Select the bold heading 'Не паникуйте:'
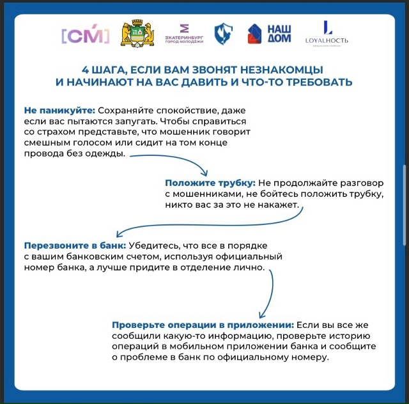pyautogui.click(x=59, y=110)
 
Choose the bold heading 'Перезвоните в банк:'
pyautogui.click(x=75, y=246)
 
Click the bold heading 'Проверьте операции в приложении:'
pyautogui.click(x=203, y=324)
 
